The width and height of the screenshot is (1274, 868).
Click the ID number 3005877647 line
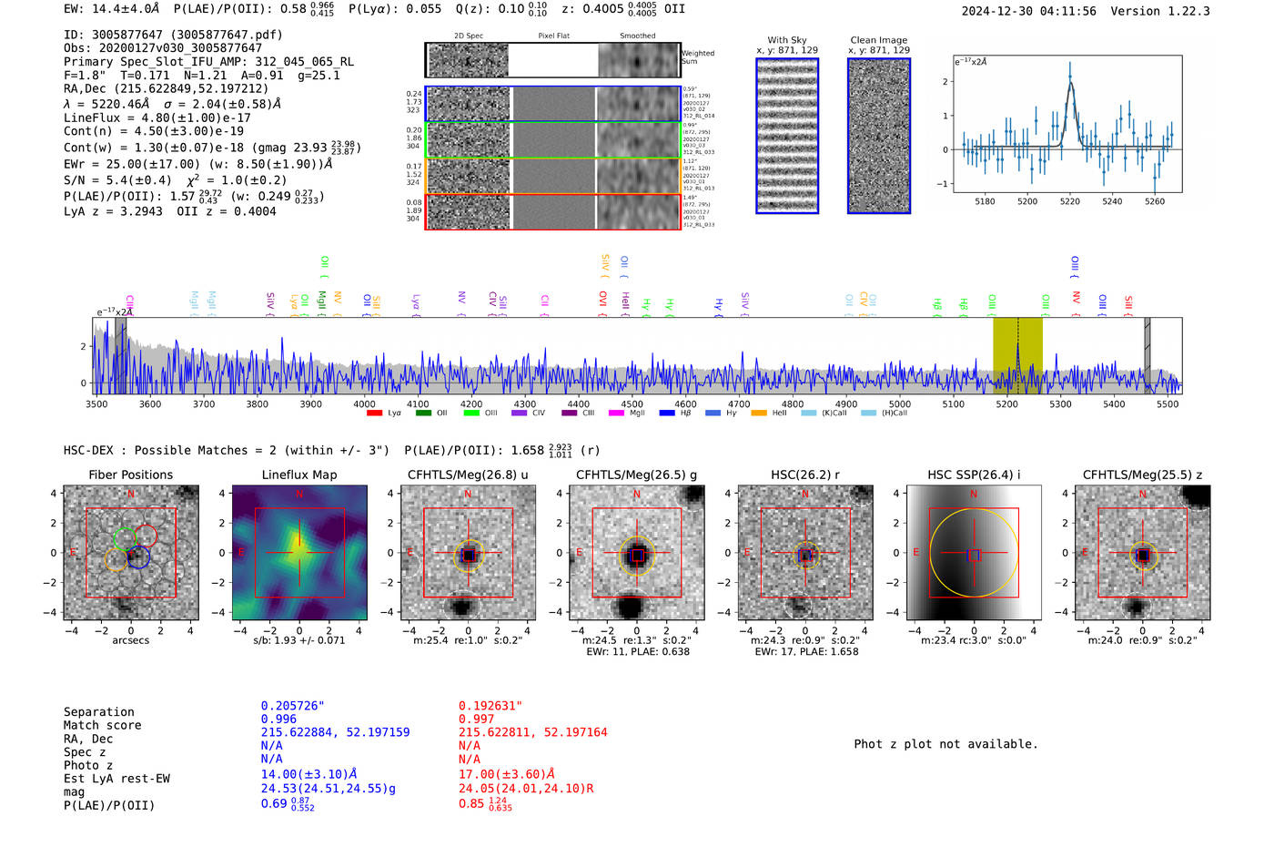click(173, 35)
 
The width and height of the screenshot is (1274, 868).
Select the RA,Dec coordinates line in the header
click(166, 88)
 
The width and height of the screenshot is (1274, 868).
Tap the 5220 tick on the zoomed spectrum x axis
click(1069, 201)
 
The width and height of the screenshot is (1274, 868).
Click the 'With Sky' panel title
click(786, 40)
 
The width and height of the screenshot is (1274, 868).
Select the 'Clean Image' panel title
click(878, 40)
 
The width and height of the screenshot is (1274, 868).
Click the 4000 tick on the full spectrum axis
click(364, 403)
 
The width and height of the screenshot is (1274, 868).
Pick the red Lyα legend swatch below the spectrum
click(374, 414)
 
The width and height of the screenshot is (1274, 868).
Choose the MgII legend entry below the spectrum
click(627, 414)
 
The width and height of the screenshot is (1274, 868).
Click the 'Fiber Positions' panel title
click(130, 475)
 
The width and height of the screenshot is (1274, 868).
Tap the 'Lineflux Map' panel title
click(298, 475)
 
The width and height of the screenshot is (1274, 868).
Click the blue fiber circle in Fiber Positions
click(138, 557)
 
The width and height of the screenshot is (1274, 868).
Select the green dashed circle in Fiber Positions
click(125, 539)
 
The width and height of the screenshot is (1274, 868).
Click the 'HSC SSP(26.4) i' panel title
click(974, 475)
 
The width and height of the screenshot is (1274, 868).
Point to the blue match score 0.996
click(278, 719)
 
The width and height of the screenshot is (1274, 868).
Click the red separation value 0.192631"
click(490, 706)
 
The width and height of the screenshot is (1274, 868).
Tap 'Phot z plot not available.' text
click(945, 744)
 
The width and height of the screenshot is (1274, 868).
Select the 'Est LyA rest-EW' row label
click(116, 779)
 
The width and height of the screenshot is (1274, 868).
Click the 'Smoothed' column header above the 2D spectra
click(637, 36)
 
